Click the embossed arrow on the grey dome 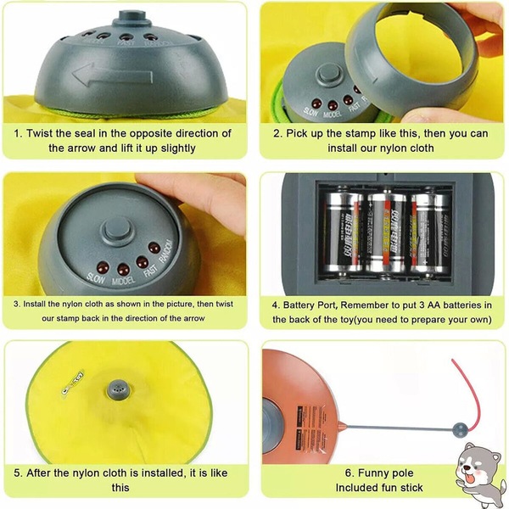click(112, 76)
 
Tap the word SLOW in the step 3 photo click(96, 278)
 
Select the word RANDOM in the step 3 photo click(165, 251)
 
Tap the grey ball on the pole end click(460, 429)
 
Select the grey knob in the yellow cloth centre click(119, 389)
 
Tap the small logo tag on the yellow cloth click(73, 383)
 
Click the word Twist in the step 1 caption click(39, 133)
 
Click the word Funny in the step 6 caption click(372, 473)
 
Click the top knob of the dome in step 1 click(131, 19)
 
